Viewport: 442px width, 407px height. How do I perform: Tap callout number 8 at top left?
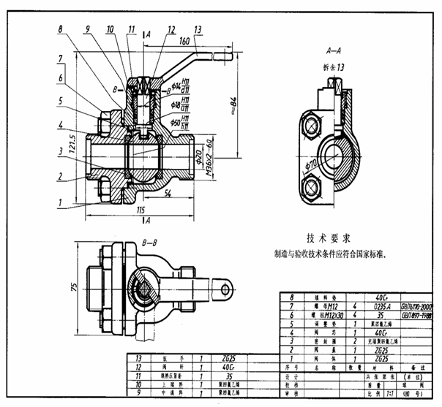coord(61,30)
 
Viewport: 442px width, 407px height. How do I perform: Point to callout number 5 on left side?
coord(61,102)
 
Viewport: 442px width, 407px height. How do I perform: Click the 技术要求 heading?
coord(323,238)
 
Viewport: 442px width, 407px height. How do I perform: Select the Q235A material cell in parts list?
coord(381,307)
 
